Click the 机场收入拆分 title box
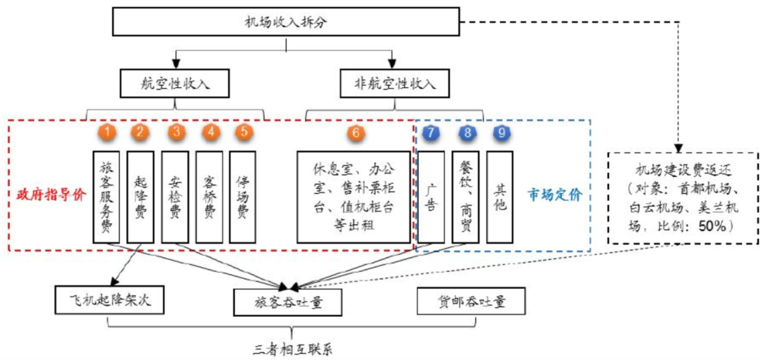coord(286,22)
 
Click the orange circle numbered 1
coord(107,132)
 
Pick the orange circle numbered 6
coord(354,132)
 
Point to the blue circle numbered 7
coord(430,132)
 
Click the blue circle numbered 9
coord(502,132)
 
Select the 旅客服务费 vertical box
coord(107,197)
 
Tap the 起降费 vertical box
coord(141,197)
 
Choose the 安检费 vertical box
coord(176,197)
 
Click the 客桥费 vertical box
coord(209,197)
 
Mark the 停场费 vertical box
coord(243,197)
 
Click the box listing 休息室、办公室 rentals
coord(354,197)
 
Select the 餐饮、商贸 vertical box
coord(466,197)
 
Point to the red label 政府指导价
coord(49,196)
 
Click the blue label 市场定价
coord(555,196)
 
